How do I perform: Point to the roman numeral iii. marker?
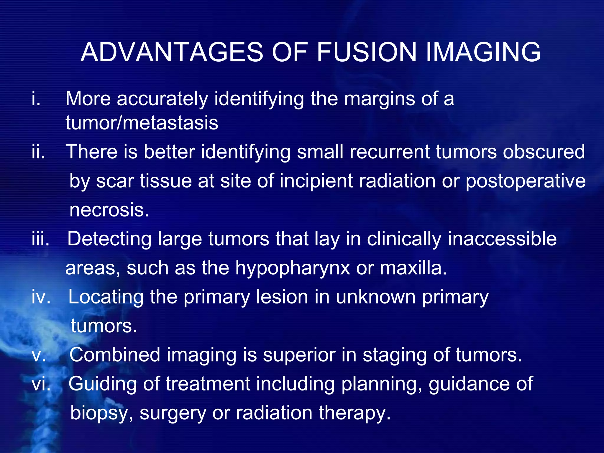pos(40,239)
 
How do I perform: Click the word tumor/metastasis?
pos(142,123)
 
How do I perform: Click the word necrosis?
pos(109,210)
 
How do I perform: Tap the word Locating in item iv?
pos(106,297)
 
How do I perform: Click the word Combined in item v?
pos(115,355)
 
